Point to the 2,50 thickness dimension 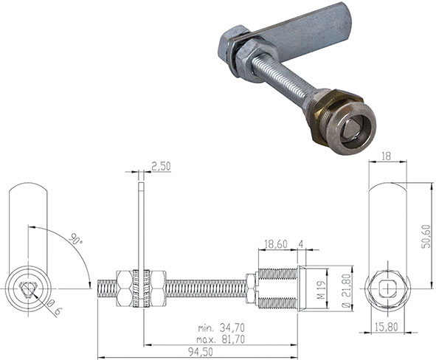tap(159, 167)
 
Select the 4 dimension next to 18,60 tap(302, 243)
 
